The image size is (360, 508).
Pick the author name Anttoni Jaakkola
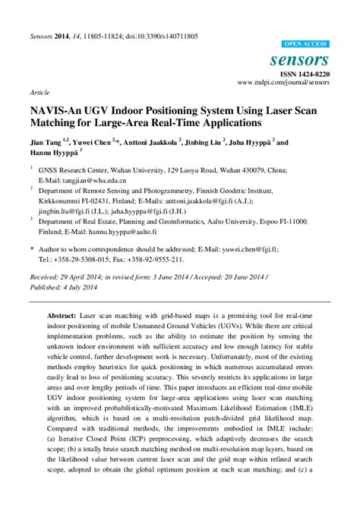click(x=151, y=141)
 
